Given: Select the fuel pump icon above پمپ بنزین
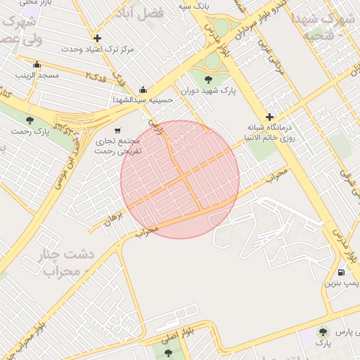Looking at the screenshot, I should tap(342, 272).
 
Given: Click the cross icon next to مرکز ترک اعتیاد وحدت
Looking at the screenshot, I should tap(97, 38).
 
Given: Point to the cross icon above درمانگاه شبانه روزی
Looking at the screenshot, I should tap(269, 117).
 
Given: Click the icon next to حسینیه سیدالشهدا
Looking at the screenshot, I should tap(143, 89).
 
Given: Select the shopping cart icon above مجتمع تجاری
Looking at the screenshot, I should tap(117, 130).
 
